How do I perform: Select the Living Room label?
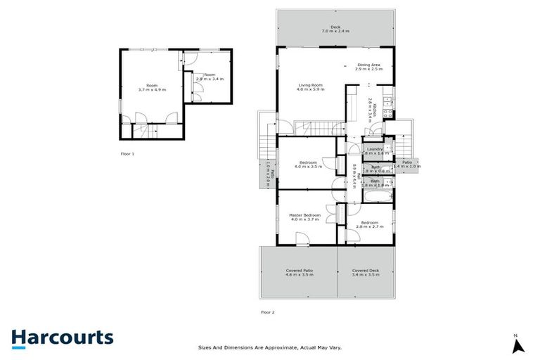coord(309,87)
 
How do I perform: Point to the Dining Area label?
coord(368,67)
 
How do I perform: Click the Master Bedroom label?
coord(305,217)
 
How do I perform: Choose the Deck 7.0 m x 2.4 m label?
coord(335,30)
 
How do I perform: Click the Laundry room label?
coord(374,150)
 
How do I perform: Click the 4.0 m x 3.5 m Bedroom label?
coord(308,165)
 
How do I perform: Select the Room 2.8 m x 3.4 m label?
coord(209,77)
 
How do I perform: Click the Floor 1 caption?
coord(127,153)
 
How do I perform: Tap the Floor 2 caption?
coord(268,311)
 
